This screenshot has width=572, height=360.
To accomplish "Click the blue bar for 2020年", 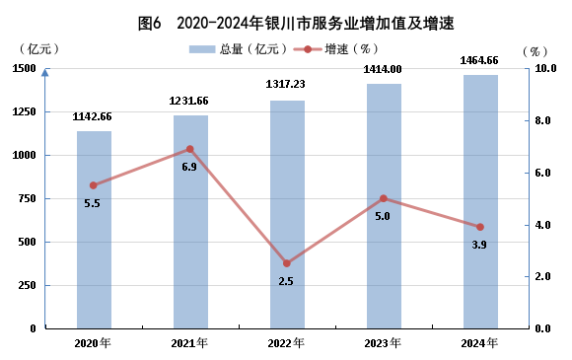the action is click(x=94, y=230).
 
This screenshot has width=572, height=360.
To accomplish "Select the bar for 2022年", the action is click(x=287, y=214).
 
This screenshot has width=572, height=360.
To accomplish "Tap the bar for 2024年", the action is click(x=481, y=202).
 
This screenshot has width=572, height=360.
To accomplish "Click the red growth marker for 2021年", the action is click(x=190, y=149).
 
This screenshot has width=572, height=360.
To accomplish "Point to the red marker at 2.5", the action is click(x=287, y=263).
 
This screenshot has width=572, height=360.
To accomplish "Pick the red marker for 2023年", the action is click(x=384, y=198).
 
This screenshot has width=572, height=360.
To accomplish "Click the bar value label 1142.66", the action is click(x=92, y=116).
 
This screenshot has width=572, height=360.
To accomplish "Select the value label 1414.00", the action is click(x=383, y=69).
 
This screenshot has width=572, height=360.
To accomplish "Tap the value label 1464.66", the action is click(x=479, y=60).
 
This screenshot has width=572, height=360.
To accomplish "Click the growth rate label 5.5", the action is click(x=92, y=203).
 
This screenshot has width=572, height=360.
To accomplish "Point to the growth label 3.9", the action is click(x=479, y=245).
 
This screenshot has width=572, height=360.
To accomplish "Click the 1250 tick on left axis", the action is click(x=25, y=111).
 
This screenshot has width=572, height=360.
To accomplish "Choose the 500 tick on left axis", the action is click(x=28, y=242).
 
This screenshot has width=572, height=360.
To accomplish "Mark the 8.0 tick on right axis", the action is click(x=542, y=120).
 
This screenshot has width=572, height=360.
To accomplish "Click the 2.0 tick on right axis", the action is click(x=542, y=276).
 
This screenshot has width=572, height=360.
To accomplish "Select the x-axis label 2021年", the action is click(x=189, y=343).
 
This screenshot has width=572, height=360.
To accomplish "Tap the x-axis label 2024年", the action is click(x=479, y=343).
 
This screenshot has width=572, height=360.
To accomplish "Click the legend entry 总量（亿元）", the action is click(x=238, y=49).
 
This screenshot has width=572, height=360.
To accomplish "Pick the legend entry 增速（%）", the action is click(x=335, y=49).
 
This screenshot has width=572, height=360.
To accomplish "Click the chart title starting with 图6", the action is click(x=296, y=24).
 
